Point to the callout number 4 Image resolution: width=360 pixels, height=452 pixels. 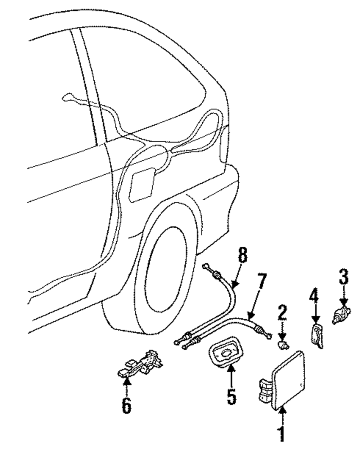[x=314, y=298]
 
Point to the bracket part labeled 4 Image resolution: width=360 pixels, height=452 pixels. [x=316, y=335]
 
